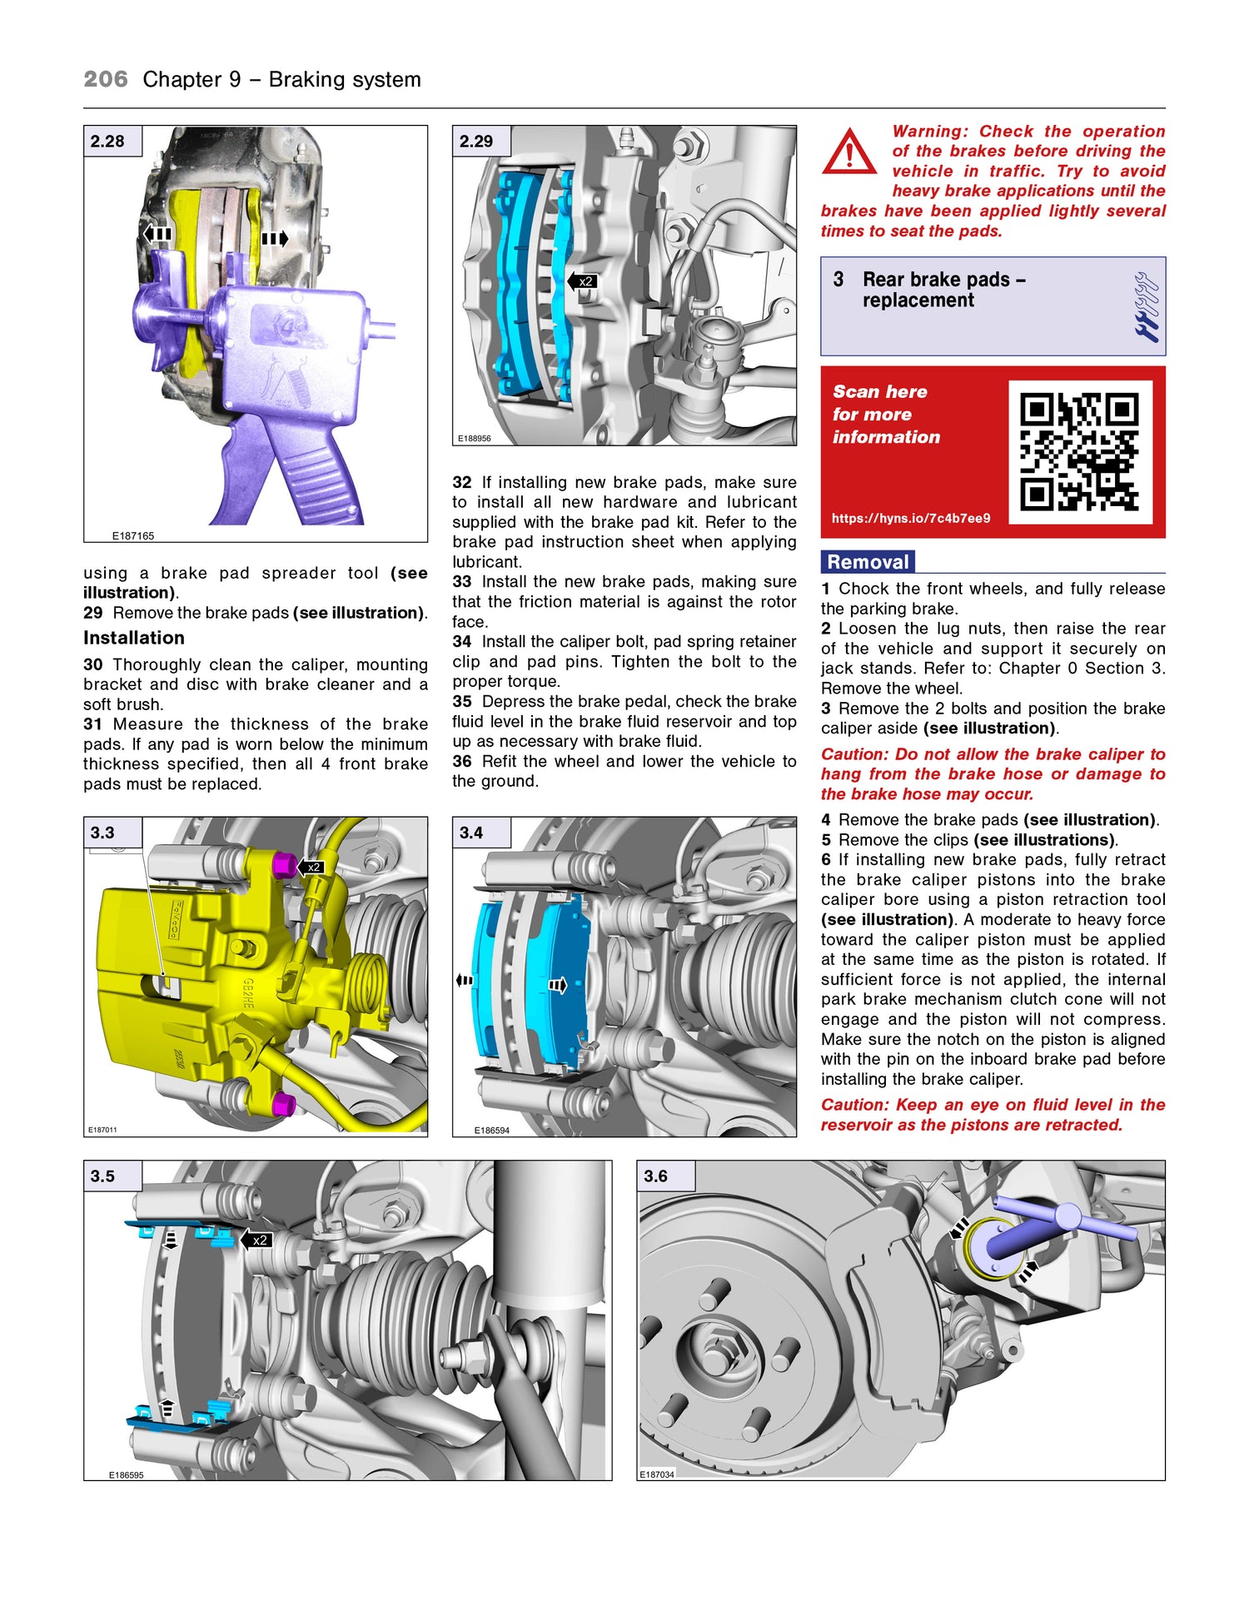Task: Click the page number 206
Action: (106, 80)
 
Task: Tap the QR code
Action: (1079, 452)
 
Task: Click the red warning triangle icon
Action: (848, 152)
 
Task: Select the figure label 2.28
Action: (108, 142)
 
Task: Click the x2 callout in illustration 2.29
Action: (584, 281)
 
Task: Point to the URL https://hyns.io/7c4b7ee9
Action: (911, 518)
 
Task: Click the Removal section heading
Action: (868, 562)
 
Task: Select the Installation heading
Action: (134, 638)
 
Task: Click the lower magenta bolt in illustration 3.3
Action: (284, 1104)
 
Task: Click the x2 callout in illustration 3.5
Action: (258, 1241)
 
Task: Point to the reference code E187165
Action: (133, 536)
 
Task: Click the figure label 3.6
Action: (656, 1176)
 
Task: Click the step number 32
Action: (462, 483)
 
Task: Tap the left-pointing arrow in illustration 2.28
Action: (157, 235)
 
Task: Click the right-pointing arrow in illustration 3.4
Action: (558, 986)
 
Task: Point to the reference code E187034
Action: (657, 1474)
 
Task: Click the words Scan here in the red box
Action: (880, 391)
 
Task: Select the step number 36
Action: (462, 761)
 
